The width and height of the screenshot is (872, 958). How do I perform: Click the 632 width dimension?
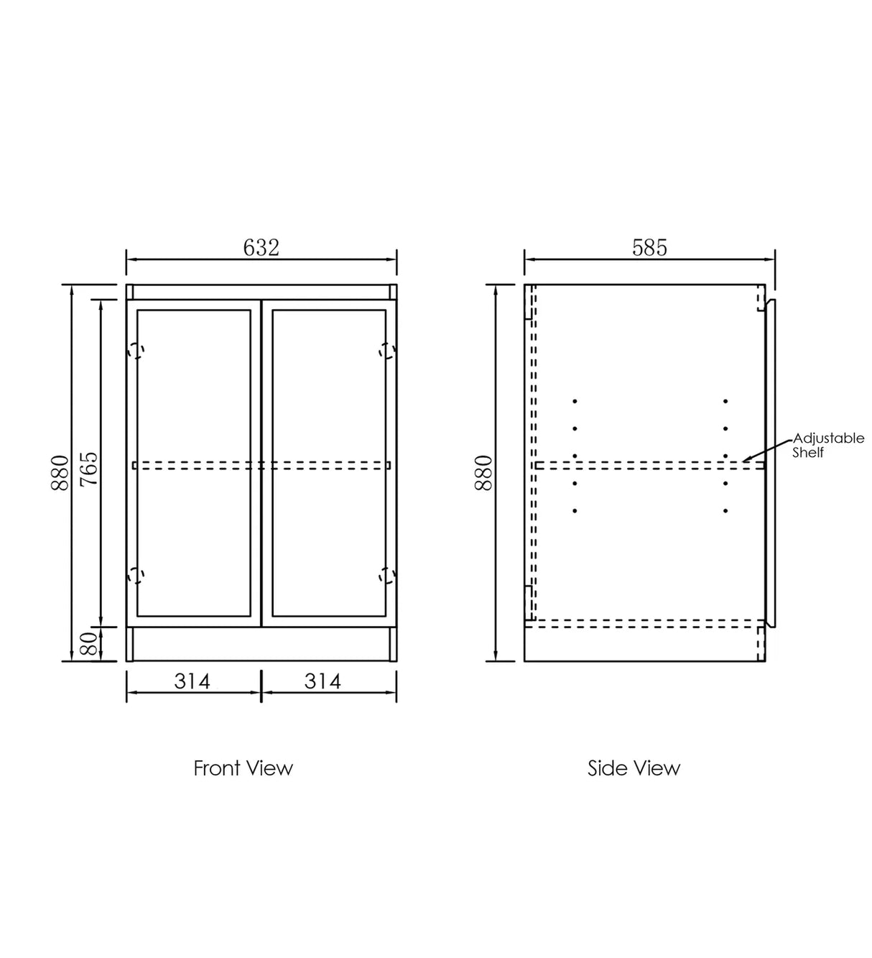261,248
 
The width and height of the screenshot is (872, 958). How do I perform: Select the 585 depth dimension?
649,248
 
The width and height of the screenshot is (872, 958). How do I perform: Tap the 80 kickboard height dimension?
89,644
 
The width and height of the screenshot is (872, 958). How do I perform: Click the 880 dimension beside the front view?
60,472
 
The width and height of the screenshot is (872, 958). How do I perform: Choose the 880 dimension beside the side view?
484,472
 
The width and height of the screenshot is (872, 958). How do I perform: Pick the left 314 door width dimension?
193,681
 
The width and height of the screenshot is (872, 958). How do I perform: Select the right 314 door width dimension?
323,681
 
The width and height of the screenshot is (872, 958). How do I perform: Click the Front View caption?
243,768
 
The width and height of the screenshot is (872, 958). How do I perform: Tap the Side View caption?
634,768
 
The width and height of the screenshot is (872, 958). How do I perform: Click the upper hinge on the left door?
136,351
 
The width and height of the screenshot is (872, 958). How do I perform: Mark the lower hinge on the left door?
136,575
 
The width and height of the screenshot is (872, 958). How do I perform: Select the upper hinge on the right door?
387,351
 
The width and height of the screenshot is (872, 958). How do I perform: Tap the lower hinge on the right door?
387,575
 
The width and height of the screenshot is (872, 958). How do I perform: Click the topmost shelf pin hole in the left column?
575,401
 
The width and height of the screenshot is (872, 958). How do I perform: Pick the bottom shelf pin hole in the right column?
725,511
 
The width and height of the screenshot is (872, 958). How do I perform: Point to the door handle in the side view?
771,464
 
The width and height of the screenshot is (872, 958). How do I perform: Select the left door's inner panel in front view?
194,388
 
